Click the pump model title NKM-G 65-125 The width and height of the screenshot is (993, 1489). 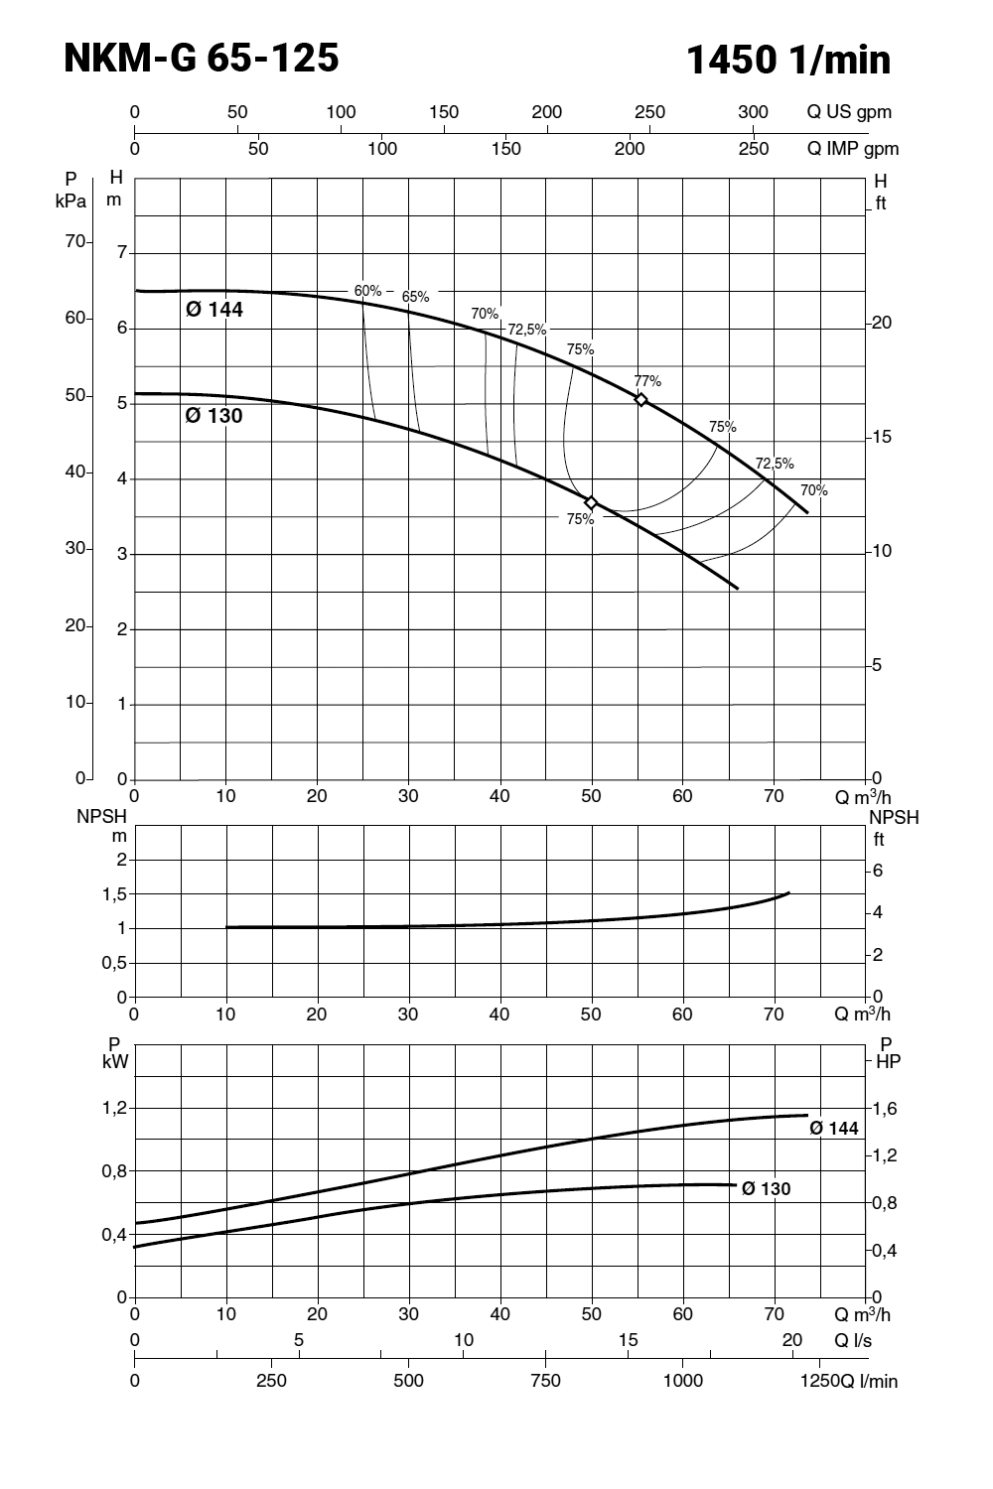(202, 59)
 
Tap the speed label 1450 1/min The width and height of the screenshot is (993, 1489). (788, 61)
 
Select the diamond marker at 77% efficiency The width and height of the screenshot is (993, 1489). (641, 400)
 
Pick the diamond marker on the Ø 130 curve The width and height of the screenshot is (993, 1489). (591, 503)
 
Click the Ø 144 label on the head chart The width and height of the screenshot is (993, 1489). (214, 309)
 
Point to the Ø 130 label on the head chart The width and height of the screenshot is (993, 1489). (214, 416)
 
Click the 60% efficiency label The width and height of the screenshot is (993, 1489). (367, 291)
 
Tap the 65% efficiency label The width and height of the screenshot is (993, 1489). (415, 297)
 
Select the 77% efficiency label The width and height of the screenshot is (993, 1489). (647, 381)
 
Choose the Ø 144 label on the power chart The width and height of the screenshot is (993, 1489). (834, 1129)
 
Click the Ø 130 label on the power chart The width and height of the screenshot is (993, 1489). (767, 1188)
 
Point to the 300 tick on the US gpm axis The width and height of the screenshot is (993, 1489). (754, 112)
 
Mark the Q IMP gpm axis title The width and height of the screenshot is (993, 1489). (853, 149)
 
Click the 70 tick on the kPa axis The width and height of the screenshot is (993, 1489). (76, 241)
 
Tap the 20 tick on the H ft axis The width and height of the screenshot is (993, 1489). (883, 324)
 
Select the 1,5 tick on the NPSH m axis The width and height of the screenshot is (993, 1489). (115, 894)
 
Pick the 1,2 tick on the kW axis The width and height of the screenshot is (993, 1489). (115, 1108)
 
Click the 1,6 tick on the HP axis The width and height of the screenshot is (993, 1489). (884, 1108)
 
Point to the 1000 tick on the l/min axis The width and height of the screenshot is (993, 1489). (683, 1380)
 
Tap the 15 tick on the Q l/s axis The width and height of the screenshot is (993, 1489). (628, 1340)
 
